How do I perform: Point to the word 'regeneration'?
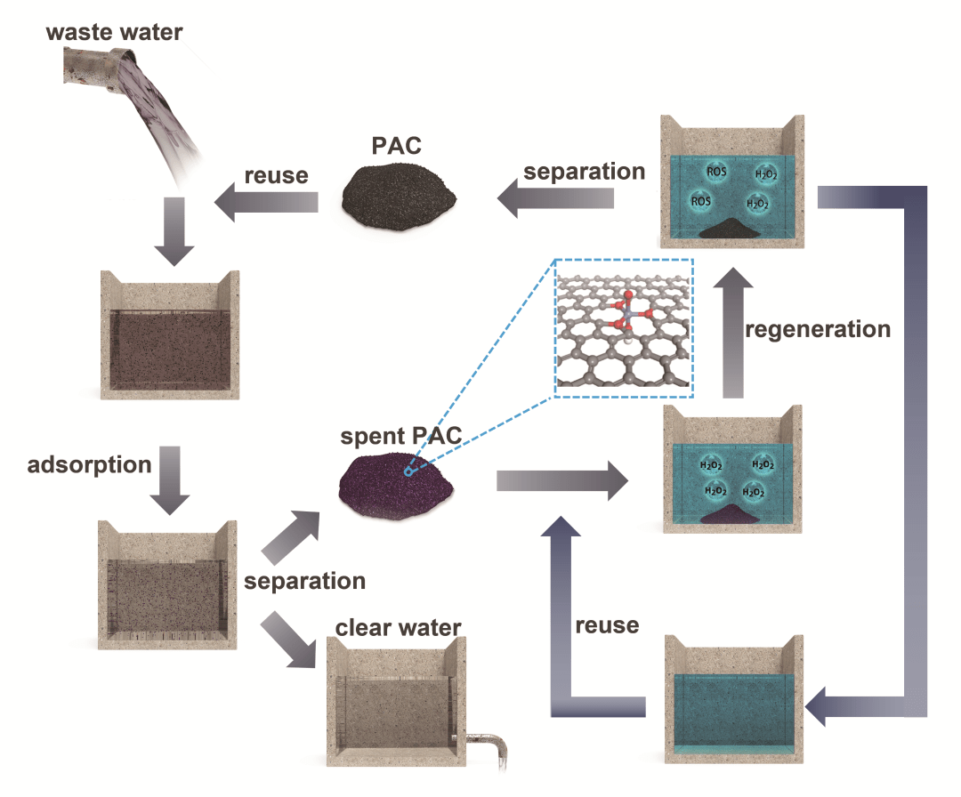point(818,329)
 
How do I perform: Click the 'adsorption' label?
point(89,464)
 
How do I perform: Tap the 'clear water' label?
point(398,627)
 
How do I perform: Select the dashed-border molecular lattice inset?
point(623,327)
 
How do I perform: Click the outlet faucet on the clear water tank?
point(481,742)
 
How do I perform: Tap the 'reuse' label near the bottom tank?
point(607,624)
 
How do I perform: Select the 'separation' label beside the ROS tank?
point(584,171)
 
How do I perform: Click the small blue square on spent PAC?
point(408,472)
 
